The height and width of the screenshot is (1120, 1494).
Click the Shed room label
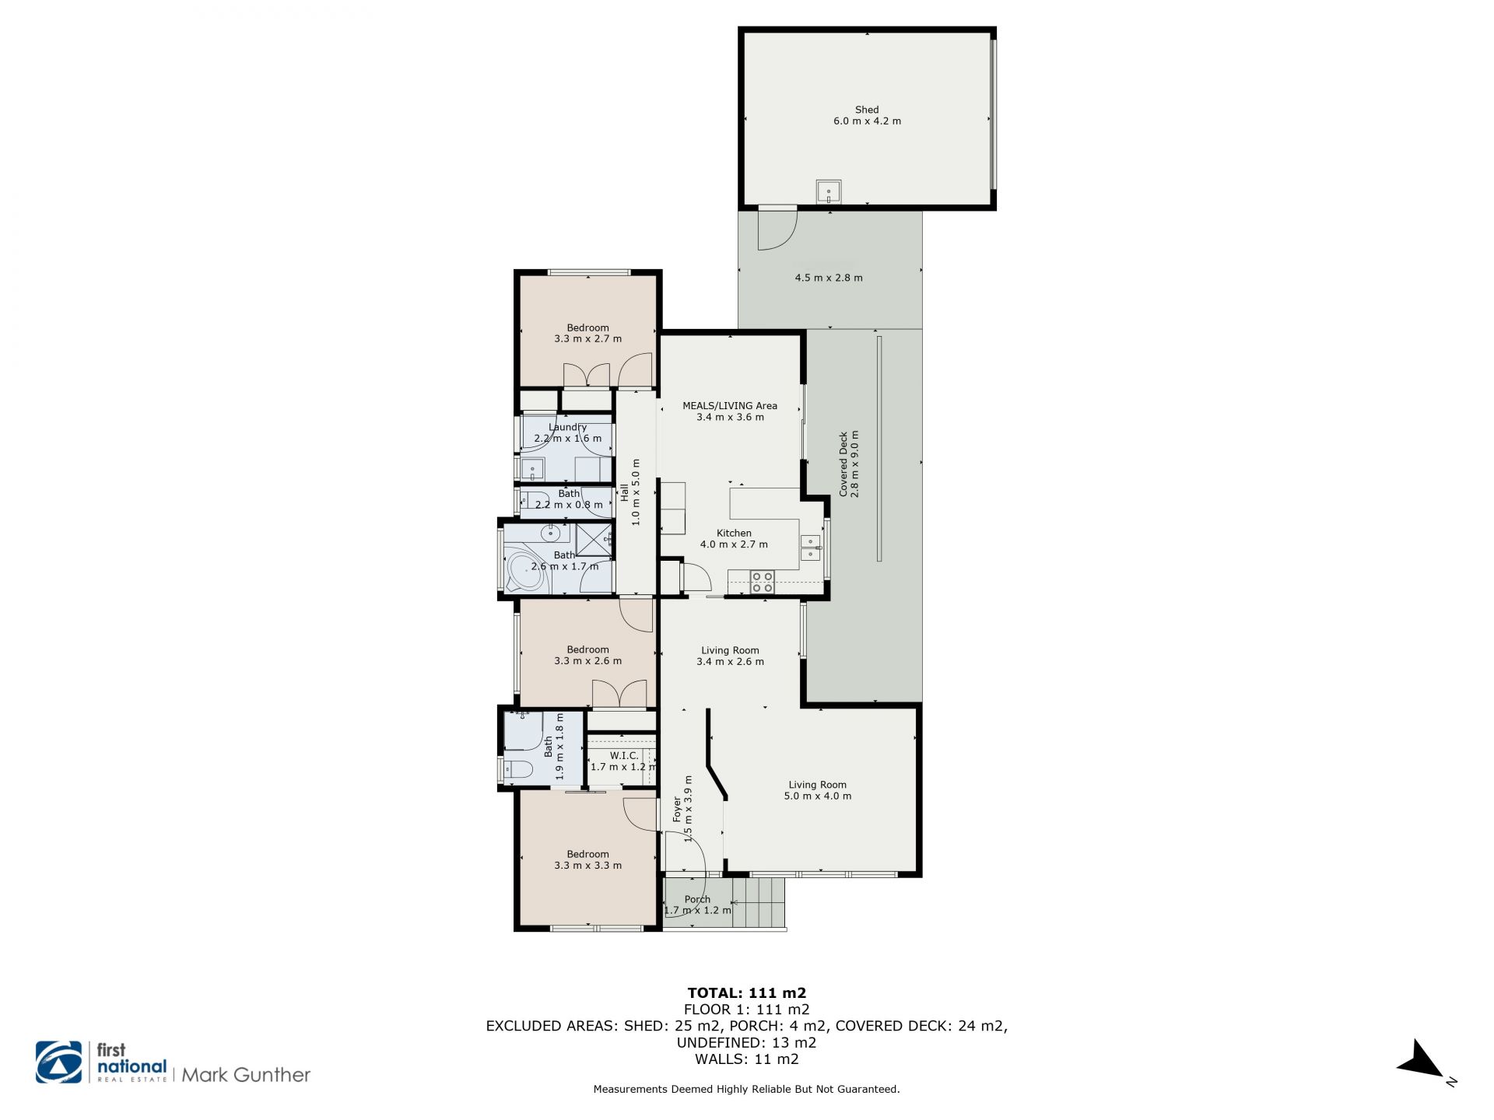[x=867, y=110]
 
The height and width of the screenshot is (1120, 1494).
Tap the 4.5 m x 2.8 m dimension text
[x=828, y=278]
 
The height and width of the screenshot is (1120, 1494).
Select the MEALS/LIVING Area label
[x=730, y=405]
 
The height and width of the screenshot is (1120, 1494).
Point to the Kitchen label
[x=734, y=533]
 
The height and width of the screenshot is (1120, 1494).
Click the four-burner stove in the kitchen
[x=762, y=582]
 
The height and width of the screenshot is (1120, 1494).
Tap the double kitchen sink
[x=812, y=548]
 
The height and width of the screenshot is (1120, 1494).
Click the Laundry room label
[x=567, y=427]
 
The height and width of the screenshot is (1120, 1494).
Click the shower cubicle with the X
[x=593, y=541]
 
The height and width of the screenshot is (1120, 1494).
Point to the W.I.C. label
[x=624, y=755]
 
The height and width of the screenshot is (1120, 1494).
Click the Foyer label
[x=677, y=809]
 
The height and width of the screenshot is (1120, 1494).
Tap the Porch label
[x=697, y=899]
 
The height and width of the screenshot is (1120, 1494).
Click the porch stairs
[x=759, y=902]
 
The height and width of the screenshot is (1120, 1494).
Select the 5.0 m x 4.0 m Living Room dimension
[x=817, y=796]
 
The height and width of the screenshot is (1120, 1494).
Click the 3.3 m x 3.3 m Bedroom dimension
[x=587, y=865]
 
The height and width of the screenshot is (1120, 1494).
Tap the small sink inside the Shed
[x=829, y=191]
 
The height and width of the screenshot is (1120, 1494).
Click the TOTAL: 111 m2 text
[x=747, y=992]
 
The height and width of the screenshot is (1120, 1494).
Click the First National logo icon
[x=59, y=1062]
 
